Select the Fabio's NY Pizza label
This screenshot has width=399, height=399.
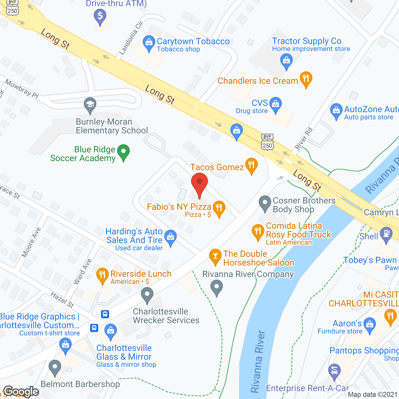pyautogui.click(x=179, y=207)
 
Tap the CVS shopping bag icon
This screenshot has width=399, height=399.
pyautogui.click(x=276, y=103)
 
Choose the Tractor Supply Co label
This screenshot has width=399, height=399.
pyautogui.click(x=307, y=41)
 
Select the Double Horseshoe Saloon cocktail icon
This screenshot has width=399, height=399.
pyautogui.click(x=215, y=256)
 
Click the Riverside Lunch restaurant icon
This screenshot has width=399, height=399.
pyautogui.click(x=102, y=275)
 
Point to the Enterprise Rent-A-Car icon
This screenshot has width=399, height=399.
pyautogui.click(x=334, y=371)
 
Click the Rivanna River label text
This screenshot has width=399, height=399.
pyautogui.click(x=257, y=362)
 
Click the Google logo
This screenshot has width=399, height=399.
pyautogui.click(x=21, y=392)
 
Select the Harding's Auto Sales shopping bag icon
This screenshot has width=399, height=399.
pyautogui.click(x=171, y=237)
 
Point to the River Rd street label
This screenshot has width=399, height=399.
pyautogui.click(x=303, y=138)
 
